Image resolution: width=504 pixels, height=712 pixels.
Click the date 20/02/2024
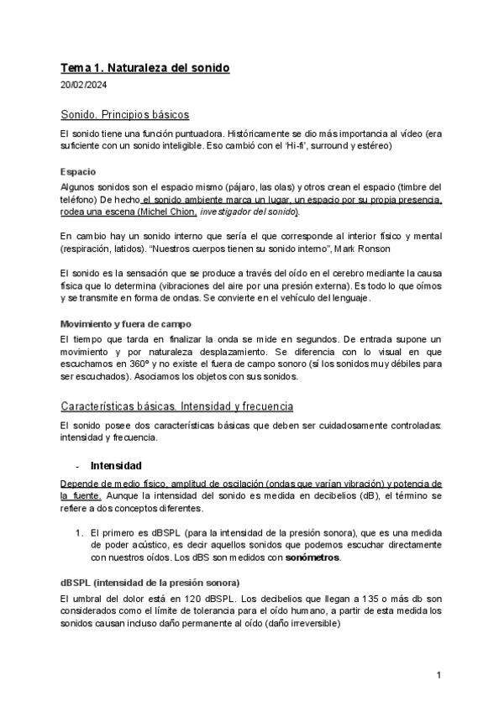83,86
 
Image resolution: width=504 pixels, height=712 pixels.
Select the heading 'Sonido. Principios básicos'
124,114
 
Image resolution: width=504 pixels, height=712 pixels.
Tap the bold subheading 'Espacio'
78,171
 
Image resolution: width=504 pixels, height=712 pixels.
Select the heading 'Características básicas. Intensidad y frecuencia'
176,406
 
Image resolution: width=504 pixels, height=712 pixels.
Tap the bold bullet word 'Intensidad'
116,465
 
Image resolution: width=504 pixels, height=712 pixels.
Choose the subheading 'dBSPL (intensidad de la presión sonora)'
150,583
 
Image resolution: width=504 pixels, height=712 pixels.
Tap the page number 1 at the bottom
439,676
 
